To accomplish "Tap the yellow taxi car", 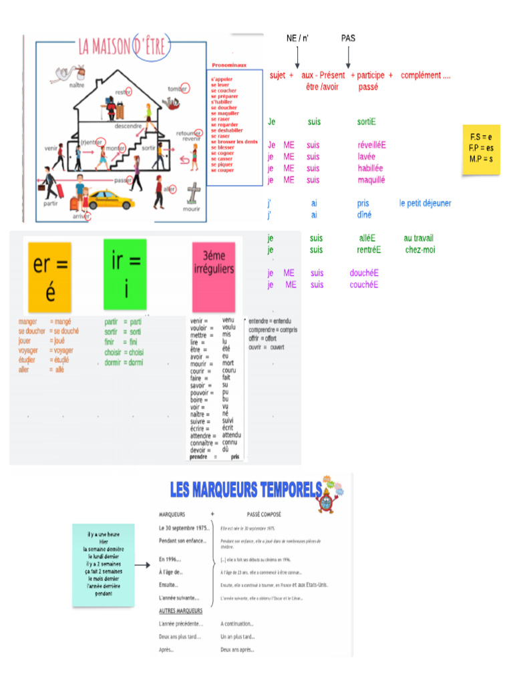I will (111, 199).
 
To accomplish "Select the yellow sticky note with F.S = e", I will (481, 148).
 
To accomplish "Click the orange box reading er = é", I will (49, 277).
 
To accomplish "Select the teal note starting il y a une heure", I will (104, 564).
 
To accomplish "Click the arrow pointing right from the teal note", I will (142, 566).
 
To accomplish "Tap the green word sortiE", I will (366, 122).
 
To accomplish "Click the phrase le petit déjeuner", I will (425, 203).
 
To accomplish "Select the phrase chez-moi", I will (420, 250).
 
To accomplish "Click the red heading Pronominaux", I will (229, 65).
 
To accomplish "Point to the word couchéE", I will (364, 285).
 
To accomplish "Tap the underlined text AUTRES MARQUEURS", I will (181, 611).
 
